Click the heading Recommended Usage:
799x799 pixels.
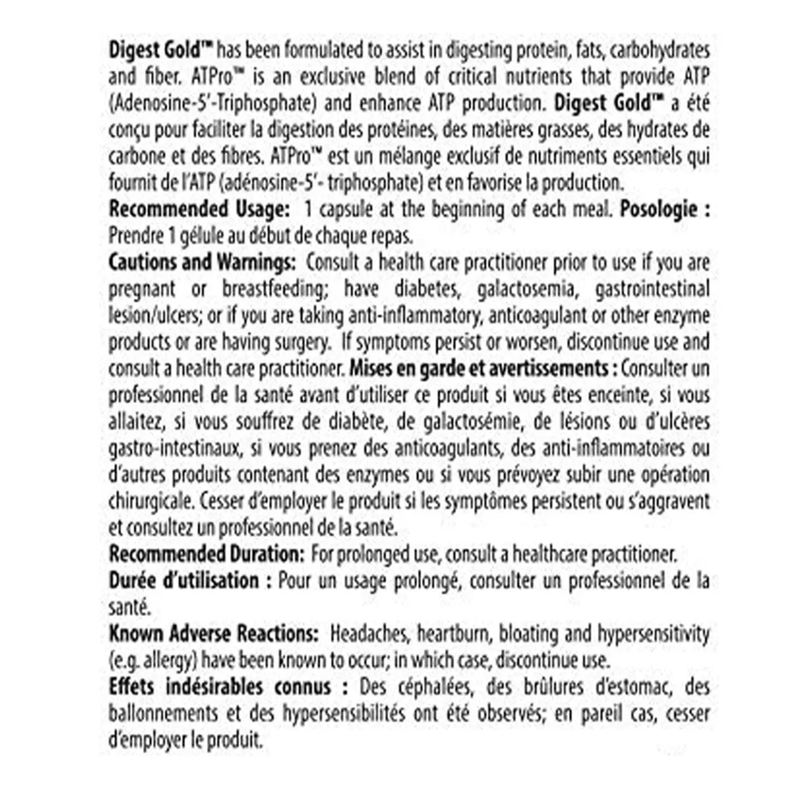tap(199, 209)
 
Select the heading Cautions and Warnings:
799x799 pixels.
tap(202, 262)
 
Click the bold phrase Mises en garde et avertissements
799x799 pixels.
tap(478, 368)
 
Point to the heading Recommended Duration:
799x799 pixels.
tap(206, 554)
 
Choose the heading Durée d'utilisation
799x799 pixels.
tap(184, 581)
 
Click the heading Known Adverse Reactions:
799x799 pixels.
tap(214, 634)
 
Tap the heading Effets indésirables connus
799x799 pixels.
tap(220, 686)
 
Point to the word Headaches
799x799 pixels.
tap(364, 634)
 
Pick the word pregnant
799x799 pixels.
tap(142, 289)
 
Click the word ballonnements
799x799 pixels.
tap(163, 713)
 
